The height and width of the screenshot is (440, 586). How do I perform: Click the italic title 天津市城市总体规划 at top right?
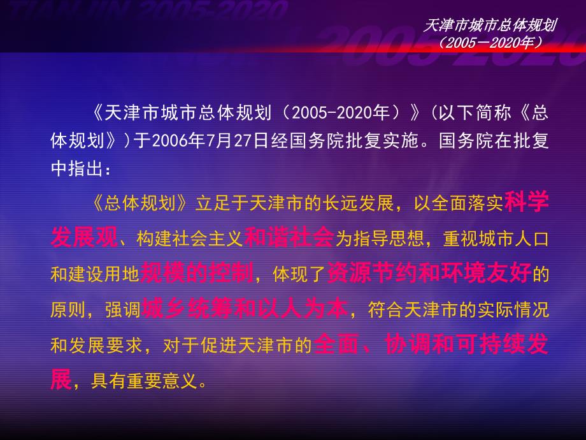[490, 26]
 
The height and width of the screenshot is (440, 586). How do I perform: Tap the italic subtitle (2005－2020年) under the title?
[490, 43]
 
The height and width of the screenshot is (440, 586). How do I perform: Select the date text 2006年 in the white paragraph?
[178, 141]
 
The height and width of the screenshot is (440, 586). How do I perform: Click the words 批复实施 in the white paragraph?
[382, 141]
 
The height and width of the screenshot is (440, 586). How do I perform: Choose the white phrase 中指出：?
[81, 168]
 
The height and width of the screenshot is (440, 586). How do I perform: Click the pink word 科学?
[527, 202]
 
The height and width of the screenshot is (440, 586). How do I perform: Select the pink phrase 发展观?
[84, 237]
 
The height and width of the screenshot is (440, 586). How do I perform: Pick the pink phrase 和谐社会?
[289, 237]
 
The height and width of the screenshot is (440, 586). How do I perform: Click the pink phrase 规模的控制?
[197, 272]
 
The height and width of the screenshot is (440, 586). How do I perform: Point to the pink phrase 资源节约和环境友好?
[429, 272]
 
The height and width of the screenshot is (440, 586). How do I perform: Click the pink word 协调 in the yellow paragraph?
[407, 344]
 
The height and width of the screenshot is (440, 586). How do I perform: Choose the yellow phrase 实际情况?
[513, 310]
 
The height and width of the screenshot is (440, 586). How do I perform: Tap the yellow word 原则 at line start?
[68, 310]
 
